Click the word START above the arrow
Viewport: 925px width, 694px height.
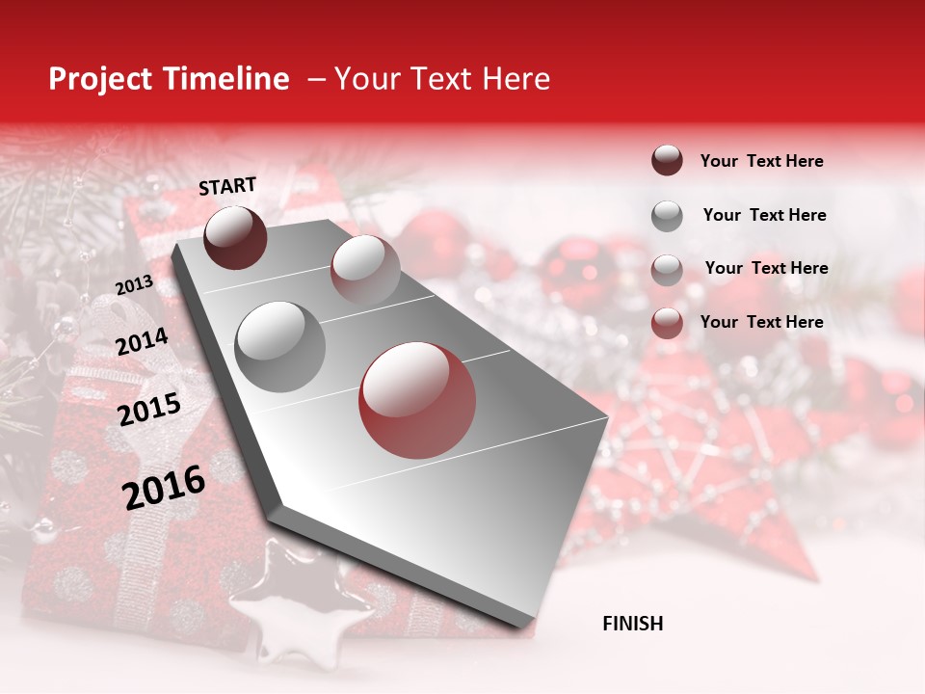[227, 186]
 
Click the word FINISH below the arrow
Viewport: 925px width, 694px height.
[632, 624]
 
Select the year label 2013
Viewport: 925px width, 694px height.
[134, 284]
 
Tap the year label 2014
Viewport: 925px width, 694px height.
[142, 342]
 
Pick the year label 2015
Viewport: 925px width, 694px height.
[148, 410]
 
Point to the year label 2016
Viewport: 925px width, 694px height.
[164, 487]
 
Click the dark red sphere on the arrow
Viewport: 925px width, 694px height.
[236, 237]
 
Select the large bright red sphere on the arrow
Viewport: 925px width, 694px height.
[416, 400]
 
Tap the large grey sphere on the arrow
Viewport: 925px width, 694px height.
[279, 346]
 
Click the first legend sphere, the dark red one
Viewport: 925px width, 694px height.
[667, 160]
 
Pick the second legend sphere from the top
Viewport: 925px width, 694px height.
[667, 216]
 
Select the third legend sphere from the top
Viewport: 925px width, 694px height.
[667, 269]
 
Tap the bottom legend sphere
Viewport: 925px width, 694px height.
[667, 323]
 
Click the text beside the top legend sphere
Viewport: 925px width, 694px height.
[761, 161]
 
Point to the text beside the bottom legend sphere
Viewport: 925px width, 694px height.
[761, 322]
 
